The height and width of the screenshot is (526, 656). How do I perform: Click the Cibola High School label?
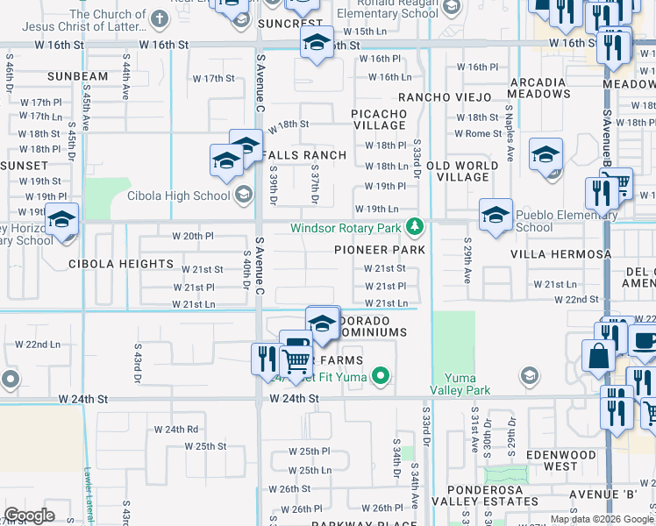(181, 195)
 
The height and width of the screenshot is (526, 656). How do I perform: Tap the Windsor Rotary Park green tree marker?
(415, 229)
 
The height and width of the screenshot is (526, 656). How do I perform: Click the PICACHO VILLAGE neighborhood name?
(379, 120)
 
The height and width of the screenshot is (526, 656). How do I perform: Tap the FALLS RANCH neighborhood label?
(301, 155)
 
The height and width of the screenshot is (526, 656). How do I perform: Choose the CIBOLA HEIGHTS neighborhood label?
(121, 264)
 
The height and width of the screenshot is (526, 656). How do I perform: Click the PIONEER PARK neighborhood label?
(380, 250)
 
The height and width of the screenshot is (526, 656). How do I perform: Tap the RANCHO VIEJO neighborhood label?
(442, 97)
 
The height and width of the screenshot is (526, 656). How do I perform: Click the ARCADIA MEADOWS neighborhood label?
(538, 88)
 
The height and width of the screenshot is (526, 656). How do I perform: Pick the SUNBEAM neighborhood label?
(78, 76)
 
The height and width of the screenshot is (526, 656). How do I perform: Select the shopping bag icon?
(599, 357)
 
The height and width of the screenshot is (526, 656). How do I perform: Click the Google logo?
(30, 515)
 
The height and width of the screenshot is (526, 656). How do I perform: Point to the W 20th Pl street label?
(193, 236)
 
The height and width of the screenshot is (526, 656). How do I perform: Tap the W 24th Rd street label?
(176, 430)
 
